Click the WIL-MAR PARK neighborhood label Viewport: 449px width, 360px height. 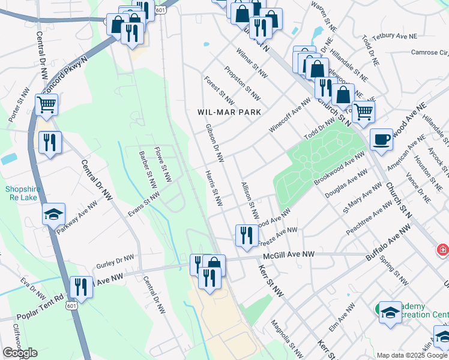click(x=230, y=112)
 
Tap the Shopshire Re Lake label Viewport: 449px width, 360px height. click(x=22, y=193)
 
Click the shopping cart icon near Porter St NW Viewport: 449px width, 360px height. click(x=47, y=106)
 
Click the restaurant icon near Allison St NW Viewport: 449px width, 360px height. click(x=246, y=235)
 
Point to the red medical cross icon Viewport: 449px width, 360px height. click(x=442, y=248)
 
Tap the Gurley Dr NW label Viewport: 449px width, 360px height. click(x=115, y=263)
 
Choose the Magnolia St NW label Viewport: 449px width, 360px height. click(x=283, y=334)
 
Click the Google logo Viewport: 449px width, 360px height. click(x=20, y=353)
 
